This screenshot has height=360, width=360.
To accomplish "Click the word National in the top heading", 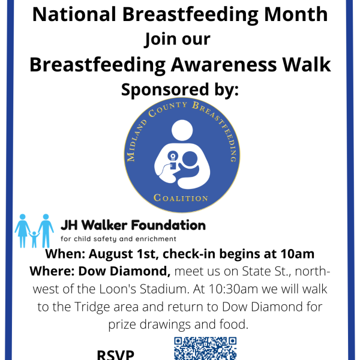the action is point(74,14).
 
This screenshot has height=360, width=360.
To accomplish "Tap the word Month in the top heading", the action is point(296,14).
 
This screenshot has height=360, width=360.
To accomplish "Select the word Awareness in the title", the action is point(224,65).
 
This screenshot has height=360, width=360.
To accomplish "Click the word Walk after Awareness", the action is point(307,65).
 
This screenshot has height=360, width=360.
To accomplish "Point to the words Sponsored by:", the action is point(180,90).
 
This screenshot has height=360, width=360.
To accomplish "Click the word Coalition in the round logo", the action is point(181,198).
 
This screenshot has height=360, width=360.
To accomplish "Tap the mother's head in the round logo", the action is point(182,130).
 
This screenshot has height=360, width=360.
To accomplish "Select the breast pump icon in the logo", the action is point(172,160).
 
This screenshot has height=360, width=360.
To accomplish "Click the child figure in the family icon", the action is point(34,239).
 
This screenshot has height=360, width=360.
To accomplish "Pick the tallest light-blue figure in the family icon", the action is point(46,231).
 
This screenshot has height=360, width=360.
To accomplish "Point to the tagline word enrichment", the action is point(155,239).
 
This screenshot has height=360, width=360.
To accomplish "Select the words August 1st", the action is point(124,254).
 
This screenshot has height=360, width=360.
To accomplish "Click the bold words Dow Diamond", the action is point(124,271).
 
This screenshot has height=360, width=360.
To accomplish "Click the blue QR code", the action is point(205,348).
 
